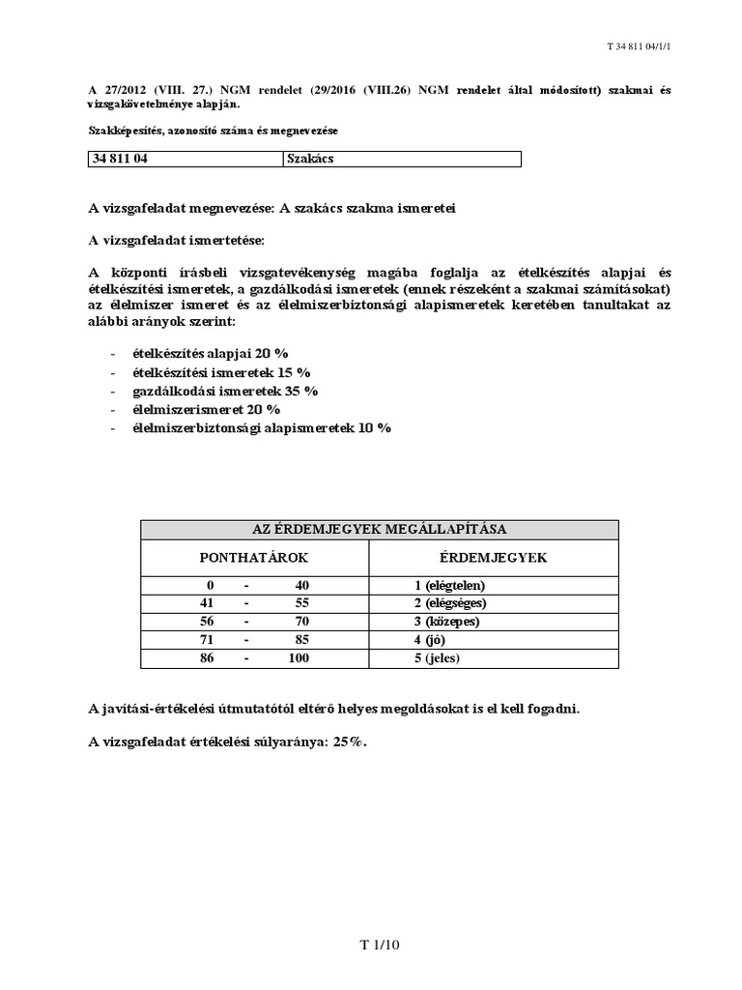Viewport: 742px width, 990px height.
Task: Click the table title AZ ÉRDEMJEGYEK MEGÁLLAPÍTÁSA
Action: coord(379,529)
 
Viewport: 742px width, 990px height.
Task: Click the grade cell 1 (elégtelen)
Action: coord(450,585)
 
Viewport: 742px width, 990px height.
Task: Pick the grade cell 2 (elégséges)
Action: coord(450,603)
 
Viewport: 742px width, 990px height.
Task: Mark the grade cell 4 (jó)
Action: coord(430,640)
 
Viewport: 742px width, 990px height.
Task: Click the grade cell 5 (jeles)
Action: coord(438,658)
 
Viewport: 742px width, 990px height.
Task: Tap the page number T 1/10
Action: coord(370,946)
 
